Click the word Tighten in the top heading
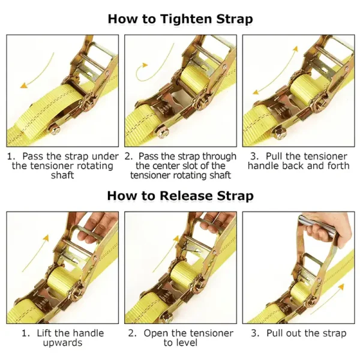tap(187, 19)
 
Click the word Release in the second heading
tap(186, 196)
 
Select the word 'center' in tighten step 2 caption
tap(166, 166)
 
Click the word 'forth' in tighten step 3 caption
tap(338, 166)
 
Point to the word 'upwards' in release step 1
tap(62, 343)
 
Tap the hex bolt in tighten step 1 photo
tap(55, 129)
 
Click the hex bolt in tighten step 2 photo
tap(162, 133)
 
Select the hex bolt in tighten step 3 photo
tap(280, 133)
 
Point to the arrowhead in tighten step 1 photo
tap(23, 86)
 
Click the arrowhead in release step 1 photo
tap(46, 238)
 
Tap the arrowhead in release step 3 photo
tap(341, 287)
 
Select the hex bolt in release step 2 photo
tap(166, 318)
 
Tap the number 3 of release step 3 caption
tap(254, 333)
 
